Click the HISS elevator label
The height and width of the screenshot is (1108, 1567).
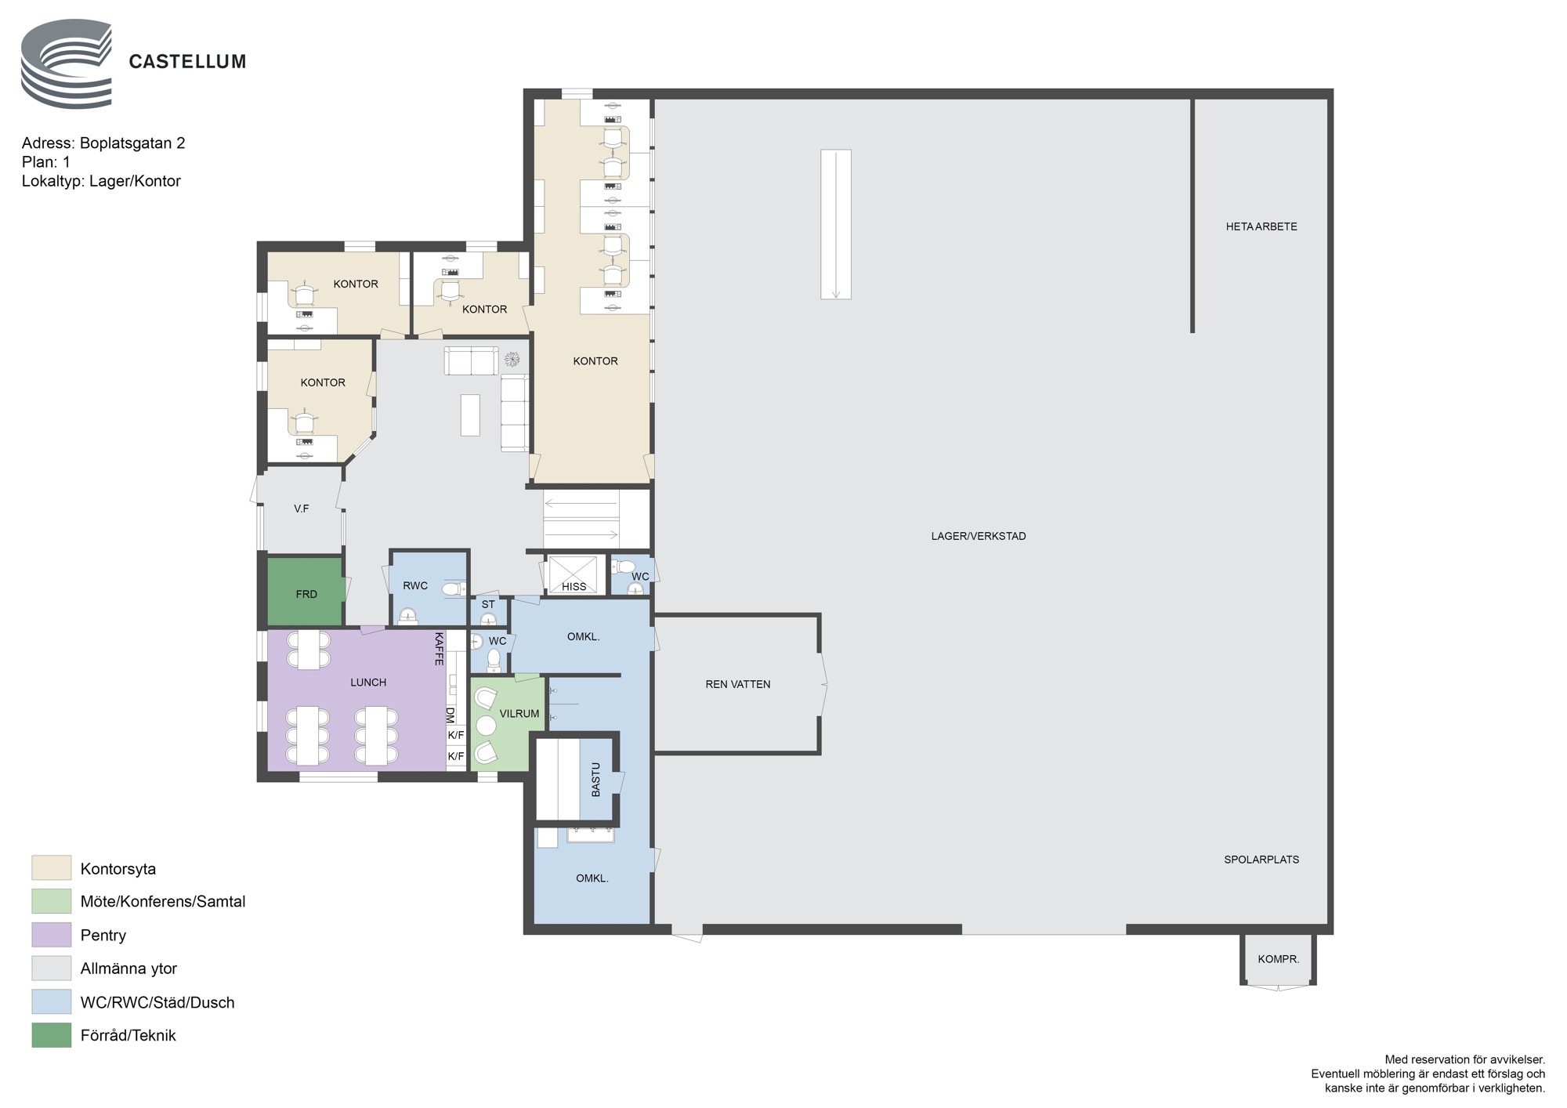[574, 586]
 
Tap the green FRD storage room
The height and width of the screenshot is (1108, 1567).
[306, 592]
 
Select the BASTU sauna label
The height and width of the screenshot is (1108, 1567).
[595, 780]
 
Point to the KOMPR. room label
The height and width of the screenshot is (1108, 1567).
[1278, 958]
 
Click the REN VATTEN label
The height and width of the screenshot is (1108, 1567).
[737, 684]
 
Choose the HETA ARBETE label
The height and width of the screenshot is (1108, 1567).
[1261, 226]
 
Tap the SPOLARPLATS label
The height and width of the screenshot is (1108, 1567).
[1261, 860]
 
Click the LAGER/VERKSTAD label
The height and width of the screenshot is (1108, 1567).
[979, 536]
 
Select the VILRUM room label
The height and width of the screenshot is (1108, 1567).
[519, 714]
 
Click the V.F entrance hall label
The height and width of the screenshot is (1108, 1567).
[302, 509]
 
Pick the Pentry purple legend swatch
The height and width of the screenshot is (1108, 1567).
[52, 935]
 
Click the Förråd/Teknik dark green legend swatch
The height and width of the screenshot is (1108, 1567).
[52, 1035]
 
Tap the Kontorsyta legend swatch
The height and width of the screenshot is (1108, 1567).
[52, 867]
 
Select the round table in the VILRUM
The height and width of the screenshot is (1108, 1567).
[487, 726]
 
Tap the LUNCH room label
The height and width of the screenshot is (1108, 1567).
[368, 683]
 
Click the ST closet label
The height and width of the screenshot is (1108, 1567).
[488, 604]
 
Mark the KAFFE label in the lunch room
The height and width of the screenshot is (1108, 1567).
[439, 649]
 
